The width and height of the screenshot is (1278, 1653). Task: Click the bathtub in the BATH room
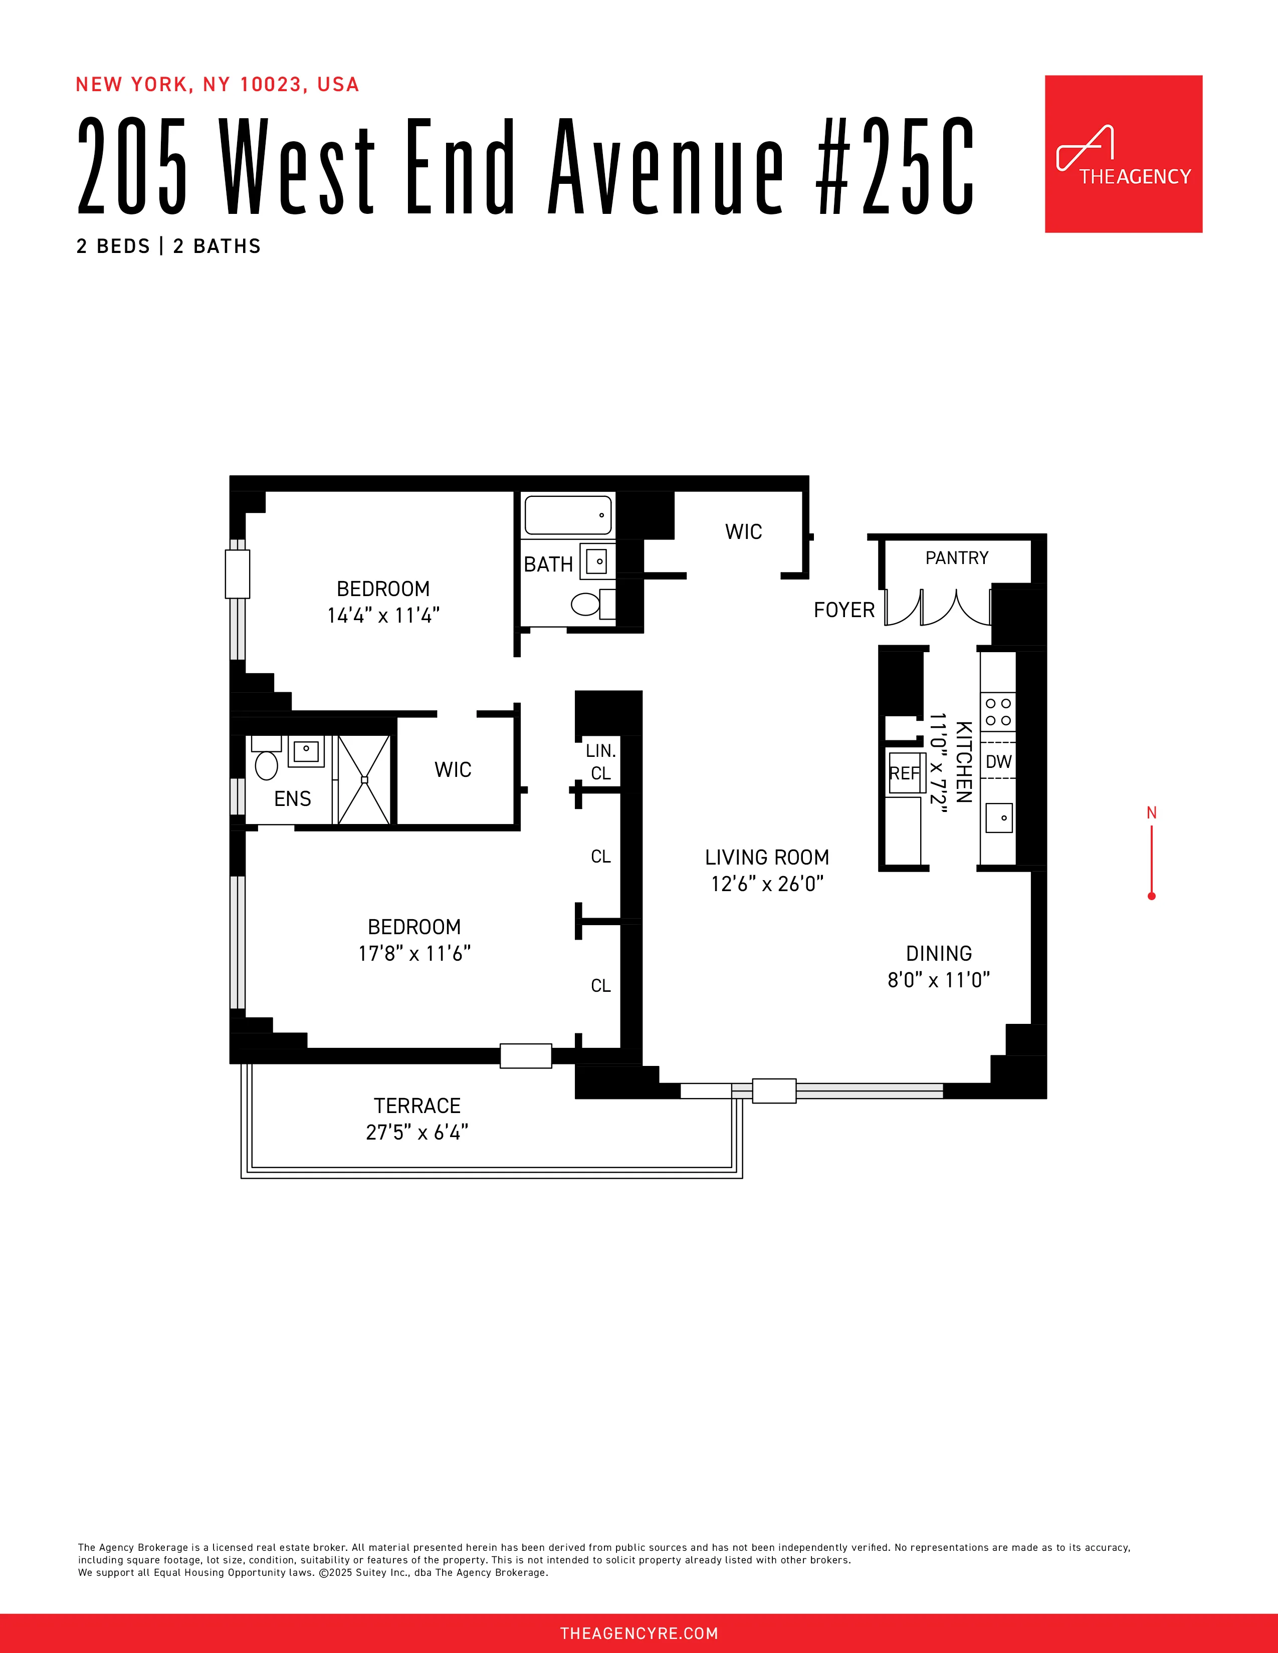coord(568,515)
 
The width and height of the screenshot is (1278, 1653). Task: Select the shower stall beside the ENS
coord(364,779)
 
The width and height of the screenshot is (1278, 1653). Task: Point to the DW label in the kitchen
coord(999,761)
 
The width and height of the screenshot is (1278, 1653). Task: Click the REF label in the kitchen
coord(904,773)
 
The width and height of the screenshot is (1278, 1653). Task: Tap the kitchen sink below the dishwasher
coord(999,818)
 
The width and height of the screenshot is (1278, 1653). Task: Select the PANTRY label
coord(957,558)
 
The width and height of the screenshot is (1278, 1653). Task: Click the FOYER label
coord(843,610)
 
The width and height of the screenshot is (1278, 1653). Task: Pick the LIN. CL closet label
coord(600,762)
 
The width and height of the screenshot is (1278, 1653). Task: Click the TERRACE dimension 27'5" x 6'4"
coord(417,1132)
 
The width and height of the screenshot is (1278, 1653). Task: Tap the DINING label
coord(939,954)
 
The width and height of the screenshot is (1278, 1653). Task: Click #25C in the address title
coord(896,166)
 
